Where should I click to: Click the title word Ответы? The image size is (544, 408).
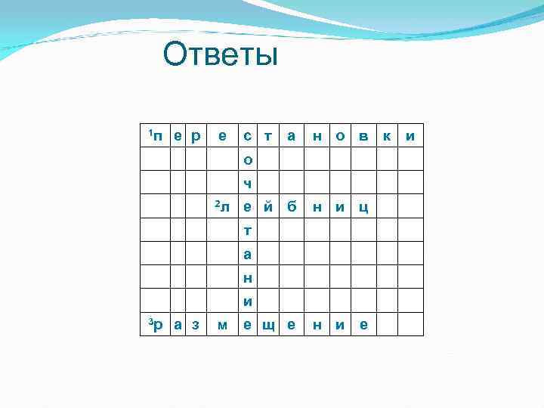(x=221, y=55)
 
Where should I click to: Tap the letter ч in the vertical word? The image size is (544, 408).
(x=248, y=184)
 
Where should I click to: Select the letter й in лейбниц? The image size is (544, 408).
(x=268, y=207)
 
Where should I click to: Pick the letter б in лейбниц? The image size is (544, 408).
(x=292, y=207)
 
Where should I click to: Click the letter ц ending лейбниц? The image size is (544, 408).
(x=364, y=208)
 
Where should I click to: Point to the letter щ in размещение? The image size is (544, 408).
(x=268, y=326)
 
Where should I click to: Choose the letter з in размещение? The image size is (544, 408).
(x=196, y=326)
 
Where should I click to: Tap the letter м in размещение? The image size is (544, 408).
(x=222, y=326)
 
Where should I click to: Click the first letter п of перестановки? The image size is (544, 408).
(x=159, y=137)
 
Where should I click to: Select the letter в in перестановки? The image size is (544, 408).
(x=364, y=137)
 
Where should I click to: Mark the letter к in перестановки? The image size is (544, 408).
(x=387, y=137)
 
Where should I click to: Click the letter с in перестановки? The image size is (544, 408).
(x=248, y=137)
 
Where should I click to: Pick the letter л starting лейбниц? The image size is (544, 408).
(x=225, y=207)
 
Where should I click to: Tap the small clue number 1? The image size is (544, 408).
(x=150, y=133)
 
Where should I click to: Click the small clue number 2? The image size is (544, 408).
(x=217, y=203)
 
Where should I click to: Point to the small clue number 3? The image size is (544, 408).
(x=150, y=323)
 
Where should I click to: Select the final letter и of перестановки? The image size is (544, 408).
(x=410, y=137)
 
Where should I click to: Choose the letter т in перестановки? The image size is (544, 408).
(x=268, y=137)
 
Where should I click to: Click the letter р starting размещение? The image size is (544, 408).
(x=159, y=326)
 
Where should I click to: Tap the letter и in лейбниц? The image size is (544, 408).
(x=341, y=207)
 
